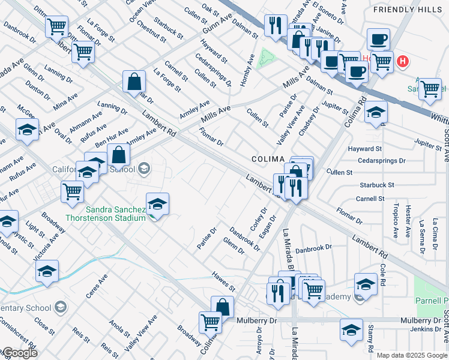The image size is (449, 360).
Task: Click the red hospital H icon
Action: pyautogui.click(x=403, y=61)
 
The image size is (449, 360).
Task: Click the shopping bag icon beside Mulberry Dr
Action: pyautogui.click(x=223, y=306)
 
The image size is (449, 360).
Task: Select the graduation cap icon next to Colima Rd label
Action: pyautogui.click(x=376, y=113)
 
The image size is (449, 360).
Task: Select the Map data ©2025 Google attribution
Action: pyautogui.click(x=412, y=355)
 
